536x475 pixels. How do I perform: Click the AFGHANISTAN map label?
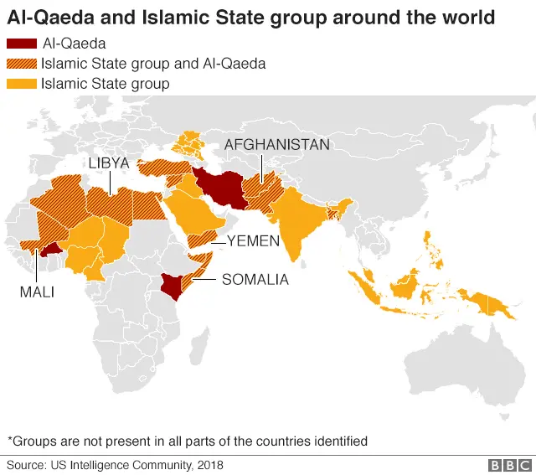[x=276, y=145]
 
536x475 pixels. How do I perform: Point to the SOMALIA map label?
[x=255, y=280]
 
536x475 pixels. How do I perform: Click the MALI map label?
[x=37, y=292]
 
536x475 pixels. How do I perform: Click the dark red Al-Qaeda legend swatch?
[x=21, y=44]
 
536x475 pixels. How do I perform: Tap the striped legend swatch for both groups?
[x=21, y=64]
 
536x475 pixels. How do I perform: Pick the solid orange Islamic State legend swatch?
[x=21, y=84]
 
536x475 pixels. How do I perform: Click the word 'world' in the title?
[x=459, y=16]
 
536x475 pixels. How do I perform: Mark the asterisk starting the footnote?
[x=10, y=440]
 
